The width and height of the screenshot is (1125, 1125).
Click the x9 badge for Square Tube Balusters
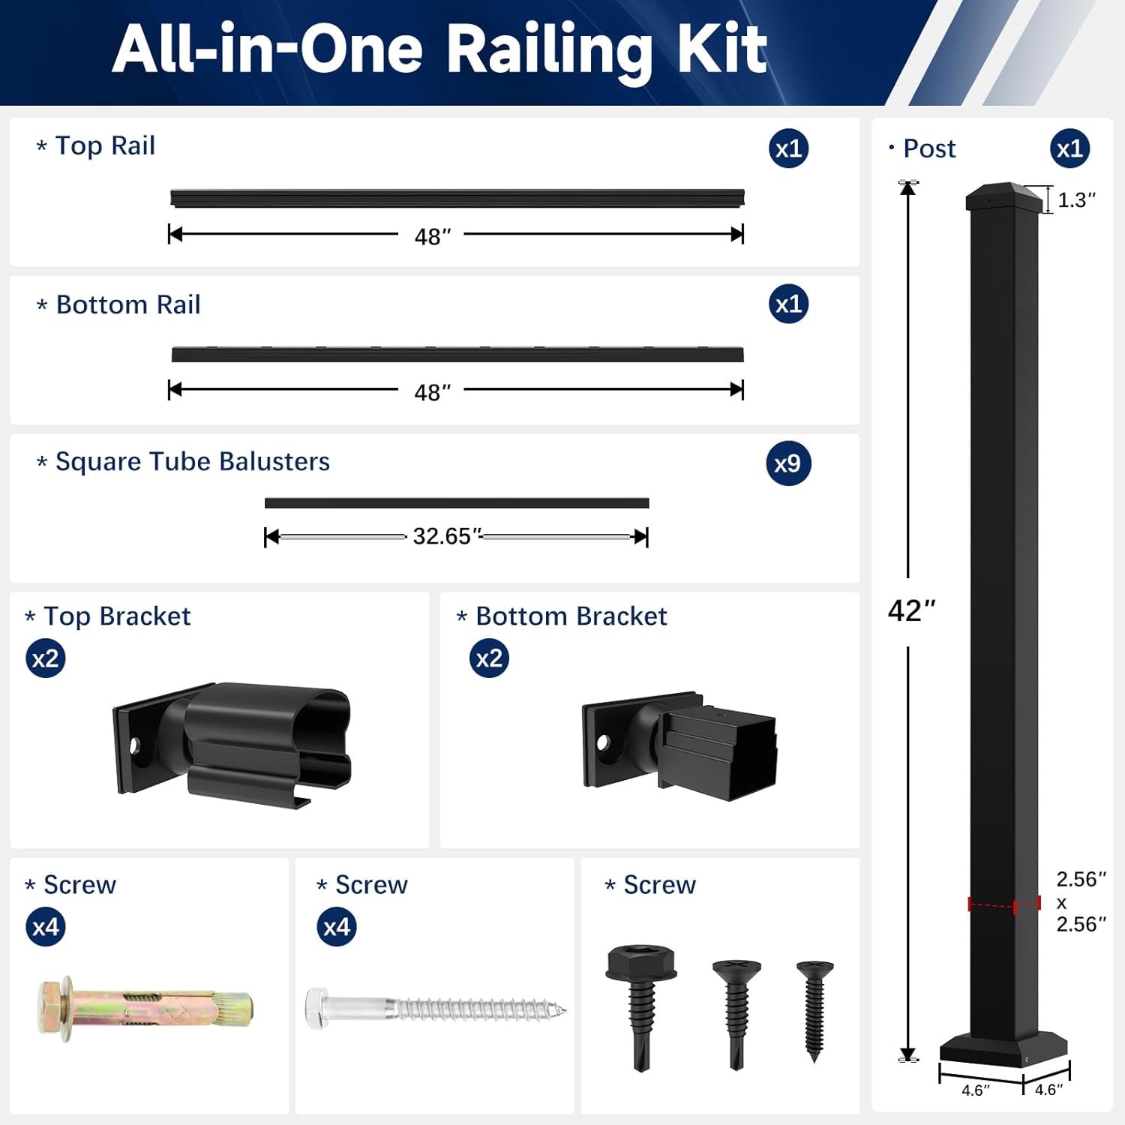click(788, 463)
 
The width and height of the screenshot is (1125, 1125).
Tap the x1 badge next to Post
click(1069, 148)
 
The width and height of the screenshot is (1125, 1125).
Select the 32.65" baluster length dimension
click(446, 536)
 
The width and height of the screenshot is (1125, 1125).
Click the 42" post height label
click(911, 610)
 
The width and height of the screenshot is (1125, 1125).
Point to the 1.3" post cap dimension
click(1076, 200)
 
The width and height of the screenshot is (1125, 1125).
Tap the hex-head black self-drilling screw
click(641, 1005)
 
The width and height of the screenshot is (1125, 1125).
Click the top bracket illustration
click(232, 742)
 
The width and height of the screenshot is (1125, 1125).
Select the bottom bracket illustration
click(679, 746)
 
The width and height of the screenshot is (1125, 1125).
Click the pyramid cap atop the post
click(1003, 196)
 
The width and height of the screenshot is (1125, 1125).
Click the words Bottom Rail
click(128, 304)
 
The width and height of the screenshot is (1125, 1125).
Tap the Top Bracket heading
click(117, 616)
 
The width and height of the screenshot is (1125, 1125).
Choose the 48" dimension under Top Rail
click(432, 237)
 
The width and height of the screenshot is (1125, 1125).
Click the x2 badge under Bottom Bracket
click(489, 658)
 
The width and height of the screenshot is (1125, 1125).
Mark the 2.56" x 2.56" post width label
click(1081, 901)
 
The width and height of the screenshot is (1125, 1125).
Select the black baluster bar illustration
click(456, 503)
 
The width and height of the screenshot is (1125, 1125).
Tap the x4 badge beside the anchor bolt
click(46, 927)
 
